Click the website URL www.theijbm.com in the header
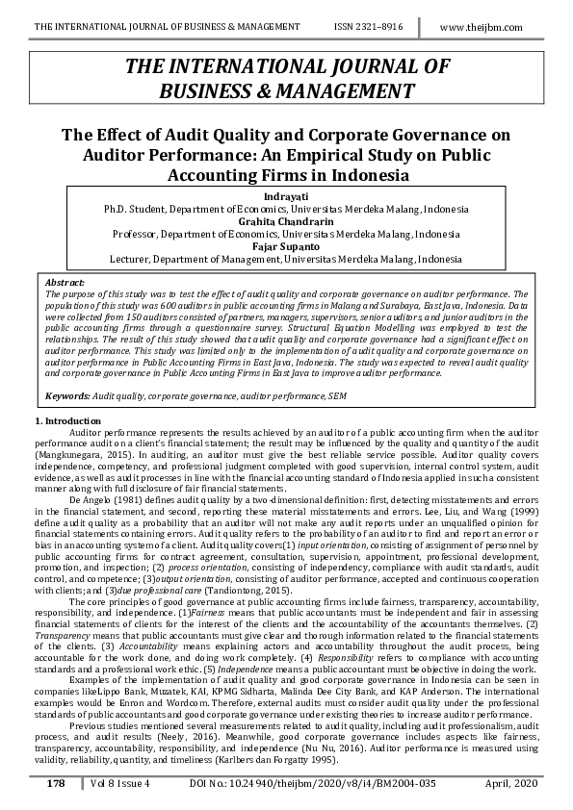pyautogui.click(x=481, y=27)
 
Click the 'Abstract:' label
pyautogui.click(x=65, y=283)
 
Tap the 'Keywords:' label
pyautogui.click(x=68, y=395)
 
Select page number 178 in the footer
pyautogui.click(x=56, y=784)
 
